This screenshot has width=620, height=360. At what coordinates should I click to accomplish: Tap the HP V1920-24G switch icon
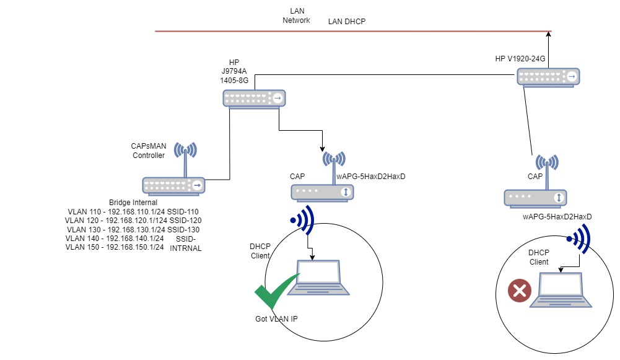[549, 77]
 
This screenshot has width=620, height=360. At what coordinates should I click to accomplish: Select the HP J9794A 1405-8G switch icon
[256, 98]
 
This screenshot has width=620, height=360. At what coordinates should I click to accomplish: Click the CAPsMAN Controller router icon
[174, 185]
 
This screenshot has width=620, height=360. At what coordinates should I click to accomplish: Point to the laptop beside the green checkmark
[319, 278]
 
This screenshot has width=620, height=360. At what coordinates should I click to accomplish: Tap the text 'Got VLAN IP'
[277, 318]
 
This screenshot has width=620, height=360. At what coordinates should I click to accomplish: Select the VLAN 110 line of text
[133, 211]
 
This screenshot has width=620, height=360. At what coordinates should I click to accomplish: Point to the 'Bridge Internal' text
[133, 203]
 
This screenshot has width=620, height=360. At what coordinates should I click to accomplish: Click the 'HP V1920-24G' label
[520, 59]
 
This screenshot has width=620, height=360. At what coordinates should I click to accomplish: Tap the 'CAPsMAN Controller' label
[149, 151]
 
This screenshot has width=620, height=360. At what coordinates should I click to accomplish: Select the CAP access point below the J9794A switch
[323, 192]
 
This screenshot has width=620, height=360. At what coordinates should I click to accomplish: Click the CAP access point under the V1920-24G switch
[536, 197]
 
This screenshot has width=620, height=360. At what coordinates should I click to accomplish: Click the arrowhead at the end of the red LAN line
[549, 31]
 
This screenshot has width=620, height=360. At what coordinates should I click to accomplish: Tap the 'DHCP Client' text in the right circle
[539, 257]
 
